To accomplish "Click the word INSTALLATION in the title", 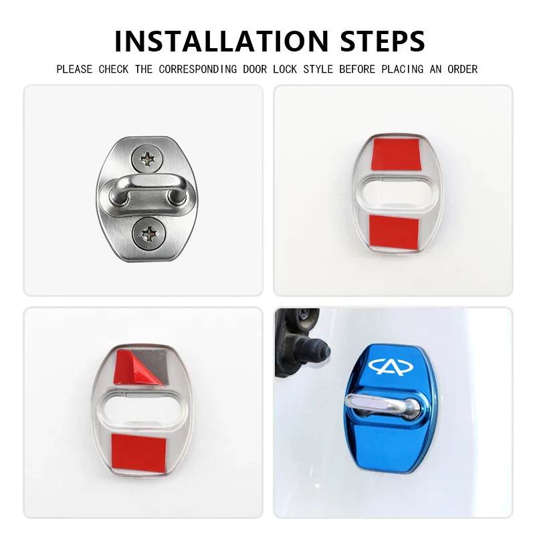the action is tap(221, 41).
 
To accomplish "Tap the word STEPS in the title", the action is tap(383, 41).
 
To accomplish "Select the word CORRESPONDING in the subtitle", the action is tap(197, 70).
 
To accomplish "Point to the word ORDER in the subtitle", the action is tap(462, 70).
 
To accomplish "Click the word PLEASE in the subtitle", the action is tap(74, 70).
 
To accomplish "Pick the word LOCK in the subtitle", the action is tap(285, 70).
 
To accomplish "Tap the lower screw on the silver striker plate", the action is tap(149, 233).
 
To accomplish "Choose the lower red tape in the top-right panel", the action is tap(394, 231).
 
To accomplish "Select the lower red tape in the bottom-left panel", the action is tap(138, 453).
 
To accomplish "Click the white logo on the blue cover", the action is tap(391, 366).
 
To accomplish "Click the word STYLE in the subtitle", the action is tap(318, 70).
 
